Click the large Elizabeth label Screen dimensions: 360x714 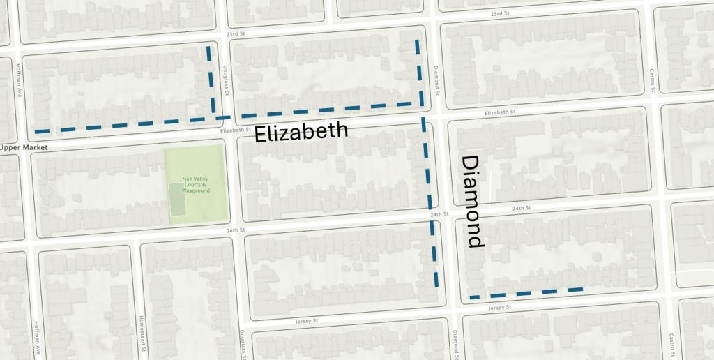click(x=301, y=132)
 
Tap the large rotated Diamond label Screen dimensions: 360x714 click(x=473, y=202)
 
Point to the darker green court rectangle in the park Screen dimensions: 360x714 click(x=178, y=200)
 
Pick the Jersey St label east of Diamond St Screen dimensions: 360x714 click(x=500, y=308)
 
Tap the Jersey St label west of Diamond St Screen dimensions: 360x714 click(x=306, y=322)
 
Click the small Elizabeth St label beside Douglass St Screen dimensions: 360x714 click(x=234, y=130)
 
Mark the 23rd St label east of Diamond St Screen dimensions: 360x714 click(x=500, y=13)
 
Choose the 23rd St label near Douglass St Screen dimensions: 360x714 click(x=237, y=33)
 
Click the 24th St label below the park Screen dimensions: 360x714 click(x=236, y=230)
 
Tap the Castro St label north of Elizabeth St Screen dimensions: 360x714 click(x=653, y=80)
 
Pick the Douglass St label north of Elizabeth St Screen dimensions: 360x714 click(x=226, y=80)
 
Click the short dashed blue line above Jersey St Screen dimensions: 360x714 click(x=526, y=293)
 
